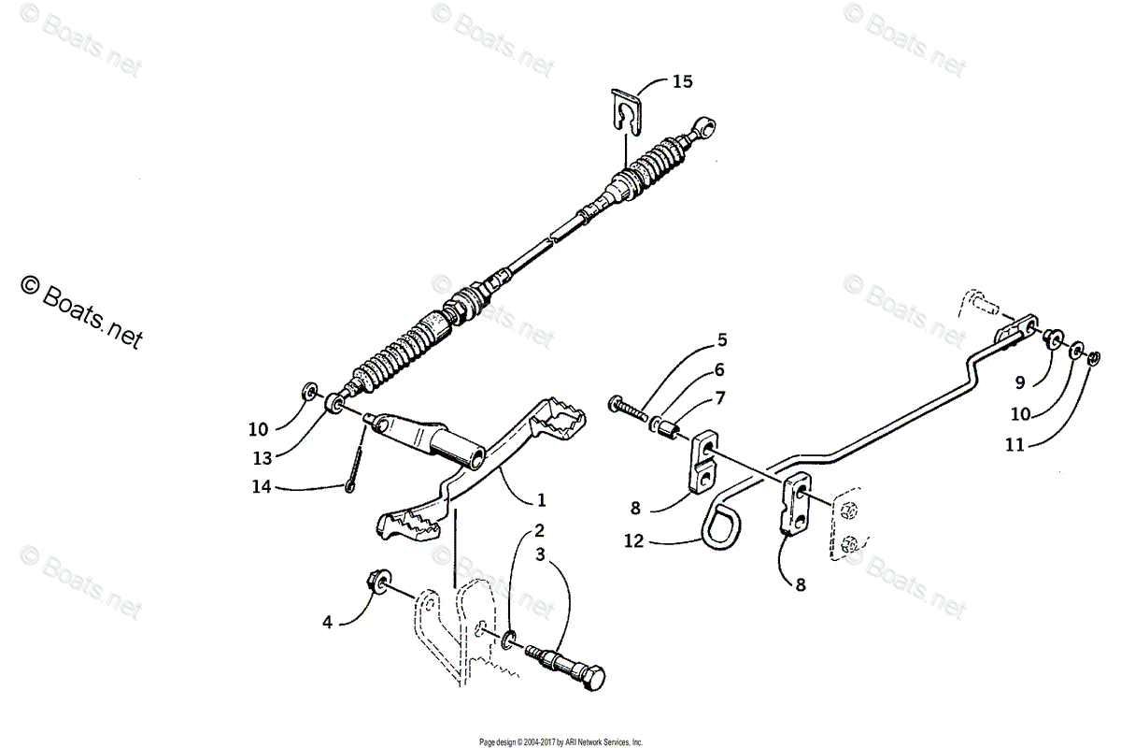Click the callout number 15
coord(682,81)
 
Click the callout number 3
coord(540,554)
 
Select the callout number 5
coord(722,339)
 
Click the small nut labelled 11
coord(1094,355)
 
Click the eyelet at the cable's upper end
coord(708,123)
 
